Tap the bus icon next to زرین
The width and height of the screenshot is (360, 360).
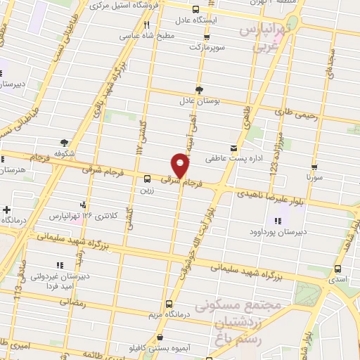pos(147,179)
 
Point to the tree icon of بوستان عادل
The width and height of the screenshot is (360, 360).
pos(199,89)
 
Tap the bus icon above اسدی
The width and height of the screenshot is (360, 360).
pos(338,269)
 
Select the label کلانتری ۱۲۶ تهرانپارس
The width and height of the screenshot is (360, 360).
pos(74,215)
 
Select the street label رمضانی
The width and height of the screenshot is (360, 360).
pos(72,304)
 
